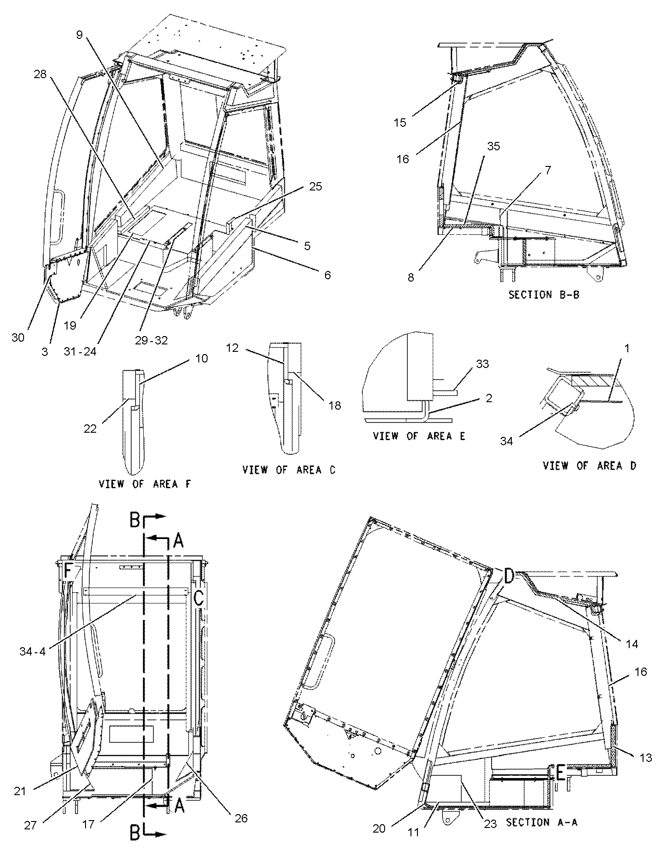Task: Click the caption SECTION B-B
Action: [x=543, y=294]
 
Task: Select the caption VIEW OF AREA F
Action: [x=144, y=484]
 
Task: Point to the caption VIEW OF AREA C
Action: [x=289, y=470]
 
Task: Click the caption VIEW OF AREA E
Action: [x=419, y=436]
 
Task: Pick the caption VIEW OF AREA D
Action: [x=589, y=466]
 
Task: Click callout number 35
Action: [x=493, y=146]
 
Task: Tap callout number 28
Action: [x=40, y=74]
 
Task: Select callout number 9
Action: [x=80, y=34]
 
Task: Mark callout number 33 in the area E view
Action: [x=482, y=364]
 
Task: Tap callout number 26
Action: [x=240, y=819]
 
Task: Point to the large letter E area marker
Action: [x=560, y=772]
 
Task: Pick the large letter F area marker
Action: [x=67, y=572]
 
